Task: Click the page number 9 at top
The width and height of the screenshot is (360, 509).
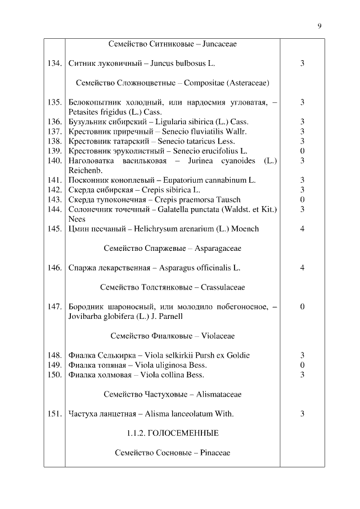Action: (x=319, y=26)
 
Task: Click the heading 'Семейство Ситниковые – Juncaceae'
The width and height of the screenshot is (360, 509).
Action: (x=172, y=44)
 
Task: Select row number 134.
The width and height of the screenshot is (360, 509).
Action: (x=54, y=64)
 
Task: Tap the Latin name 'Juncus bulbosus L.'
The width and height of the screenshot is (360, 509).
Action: (x=183, y=64)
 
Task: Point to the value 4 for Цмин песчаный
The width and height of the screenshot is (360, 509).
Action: (x=302, y=229)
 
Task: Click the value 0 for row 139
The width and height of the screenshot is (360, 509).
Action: (x=302, y=151)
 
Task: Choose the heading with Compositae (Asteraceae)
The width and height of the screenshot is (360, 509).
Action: (x=172, y=83)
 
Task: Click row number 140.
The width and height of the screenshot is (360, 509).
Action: (x=54, y=161)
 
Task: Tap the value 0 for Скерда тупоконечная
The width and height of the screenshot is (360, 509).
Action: (x=302, y=200)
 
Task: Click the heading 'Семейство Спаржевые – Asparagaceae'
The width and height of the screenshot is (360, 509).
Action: (x=172, y=248)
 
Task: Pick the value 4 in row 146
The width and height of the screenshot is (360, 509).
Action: (x=302, y=268)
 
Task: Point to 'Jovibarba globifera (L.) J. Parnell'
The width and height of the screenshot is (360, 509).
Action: (x=125, y=317)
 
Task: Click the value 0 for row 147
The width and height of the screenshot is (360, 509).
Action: (x=302, y=307)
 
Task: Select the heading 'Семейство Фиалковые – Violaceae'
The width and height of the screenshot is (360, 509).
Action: (x=172, y=336)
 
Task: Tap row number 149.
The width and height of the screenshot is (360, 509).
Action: (x=54, y=365)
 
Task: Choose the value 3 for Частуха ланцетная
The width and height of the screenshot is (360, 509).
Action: (x=302, y=414)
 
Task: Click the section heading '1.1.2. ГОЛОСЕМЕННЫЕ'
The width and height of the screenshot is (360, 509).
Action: (x=172, y=433)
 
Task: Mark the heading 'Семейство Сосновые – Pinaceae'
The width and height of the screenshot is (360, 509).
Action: (x=172, y=453)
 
